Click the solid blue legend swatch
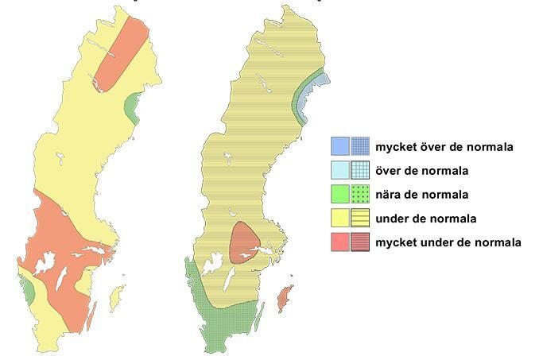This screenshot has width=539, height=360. pos(339,146)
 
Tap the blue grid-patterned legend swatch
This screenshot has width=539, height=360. pos(361,146)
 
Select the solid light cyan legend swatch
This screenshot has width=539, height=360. pos(339,170)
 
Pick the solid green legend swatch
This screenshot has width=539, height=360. pos(339,194)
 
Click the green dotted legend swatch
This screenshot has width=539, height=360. pos(361,194)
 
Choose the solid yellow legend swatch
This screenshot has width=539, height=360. pos(339,218)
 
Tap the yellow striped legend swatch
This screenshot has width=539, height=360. pos(361,218)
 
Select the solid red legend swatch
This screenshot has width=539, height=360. pos(339,242)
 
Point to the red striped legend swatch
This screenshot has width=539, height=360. pos(361,242)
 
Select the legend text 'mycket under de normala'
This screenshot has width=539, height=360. pos(448,242)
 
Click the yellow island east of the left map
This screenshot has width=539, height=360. pos(116,299)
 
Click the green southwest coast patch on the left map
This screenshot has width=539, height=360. pos(29,291)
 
